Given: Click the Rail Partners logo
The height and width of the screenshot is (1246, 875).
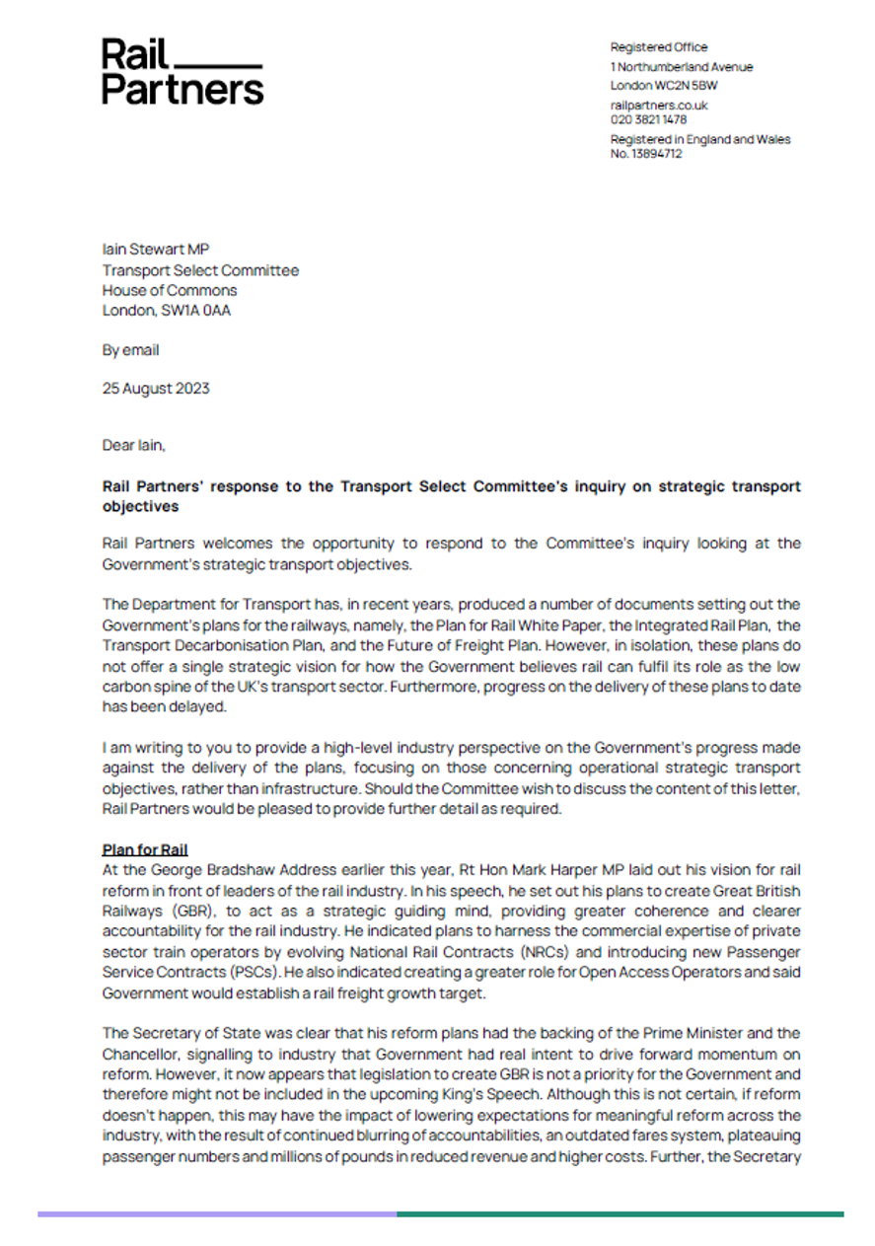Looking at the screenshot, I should click(182, 71).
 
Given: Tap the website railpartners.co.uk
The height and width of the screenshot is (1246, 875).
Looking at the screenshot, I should click(659, 106).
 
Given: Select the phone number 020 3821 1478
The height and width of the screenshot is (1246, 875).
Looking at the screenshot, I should click(648, 119).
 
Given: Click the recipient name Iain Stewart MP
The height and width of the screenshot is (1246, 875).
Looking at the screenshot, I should click(160, 250).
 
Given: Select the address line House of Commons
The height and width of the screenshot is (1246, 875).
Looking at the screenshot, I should click(170, 290).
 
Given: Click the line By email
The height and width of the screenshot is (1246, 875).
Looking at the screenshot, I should click(130, 350).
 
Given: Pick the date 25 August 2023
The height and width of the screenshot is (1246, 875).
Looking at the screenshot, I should click(156, 388).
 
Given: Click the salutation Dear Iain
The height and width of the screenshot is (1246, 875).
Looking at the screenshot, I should click(134, 445).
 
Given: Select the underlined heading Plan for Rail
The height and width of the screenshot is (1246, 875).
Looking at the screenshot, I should click(144, 849).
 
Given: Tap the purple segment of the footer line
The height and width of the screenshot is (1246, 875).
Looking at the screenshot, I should click(217, 1213).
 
